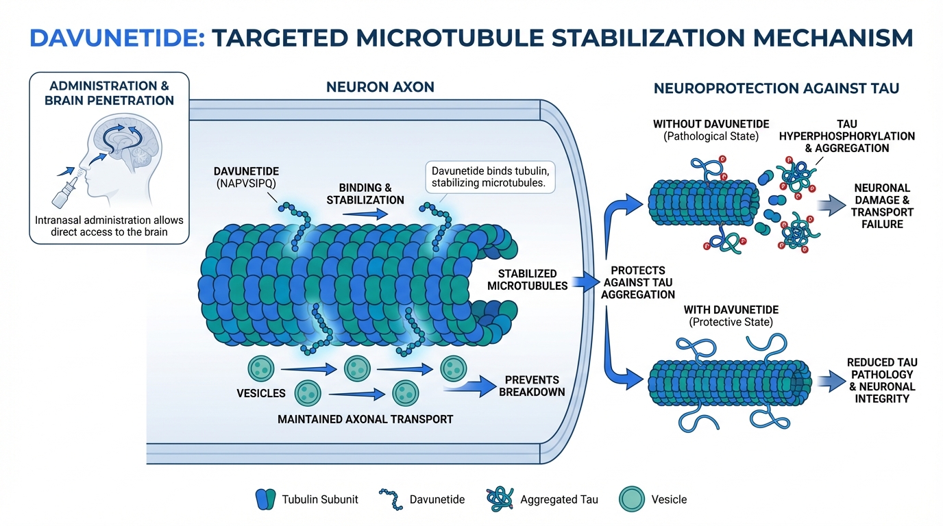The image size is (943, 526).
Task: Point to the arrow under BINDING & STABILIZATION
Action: click(365, 214)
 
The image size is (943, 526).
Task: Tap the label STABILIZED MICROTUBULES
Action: click(528, 279)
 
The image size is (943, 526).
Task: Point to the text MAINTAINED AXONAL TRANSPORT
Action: click(365, 418)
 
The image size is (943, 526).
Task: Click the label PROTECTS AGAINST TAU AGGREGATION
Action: click(637, 282)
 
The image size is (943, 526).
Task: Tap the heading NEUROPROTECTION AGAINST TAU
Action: click(776, 88)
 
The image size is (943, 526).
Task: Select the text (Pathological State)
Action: click(711, 136)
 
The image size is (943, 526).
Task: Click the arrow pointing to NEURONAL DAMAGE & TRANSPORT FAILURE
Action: click(831, 204)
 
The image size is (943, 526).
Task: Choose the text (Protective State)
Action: click(732, 322)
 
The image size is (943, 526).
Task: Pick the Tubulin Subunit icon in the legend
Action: click(265, 499)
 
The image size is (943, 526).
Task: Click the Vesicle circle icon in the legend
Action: click(631, 499)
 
